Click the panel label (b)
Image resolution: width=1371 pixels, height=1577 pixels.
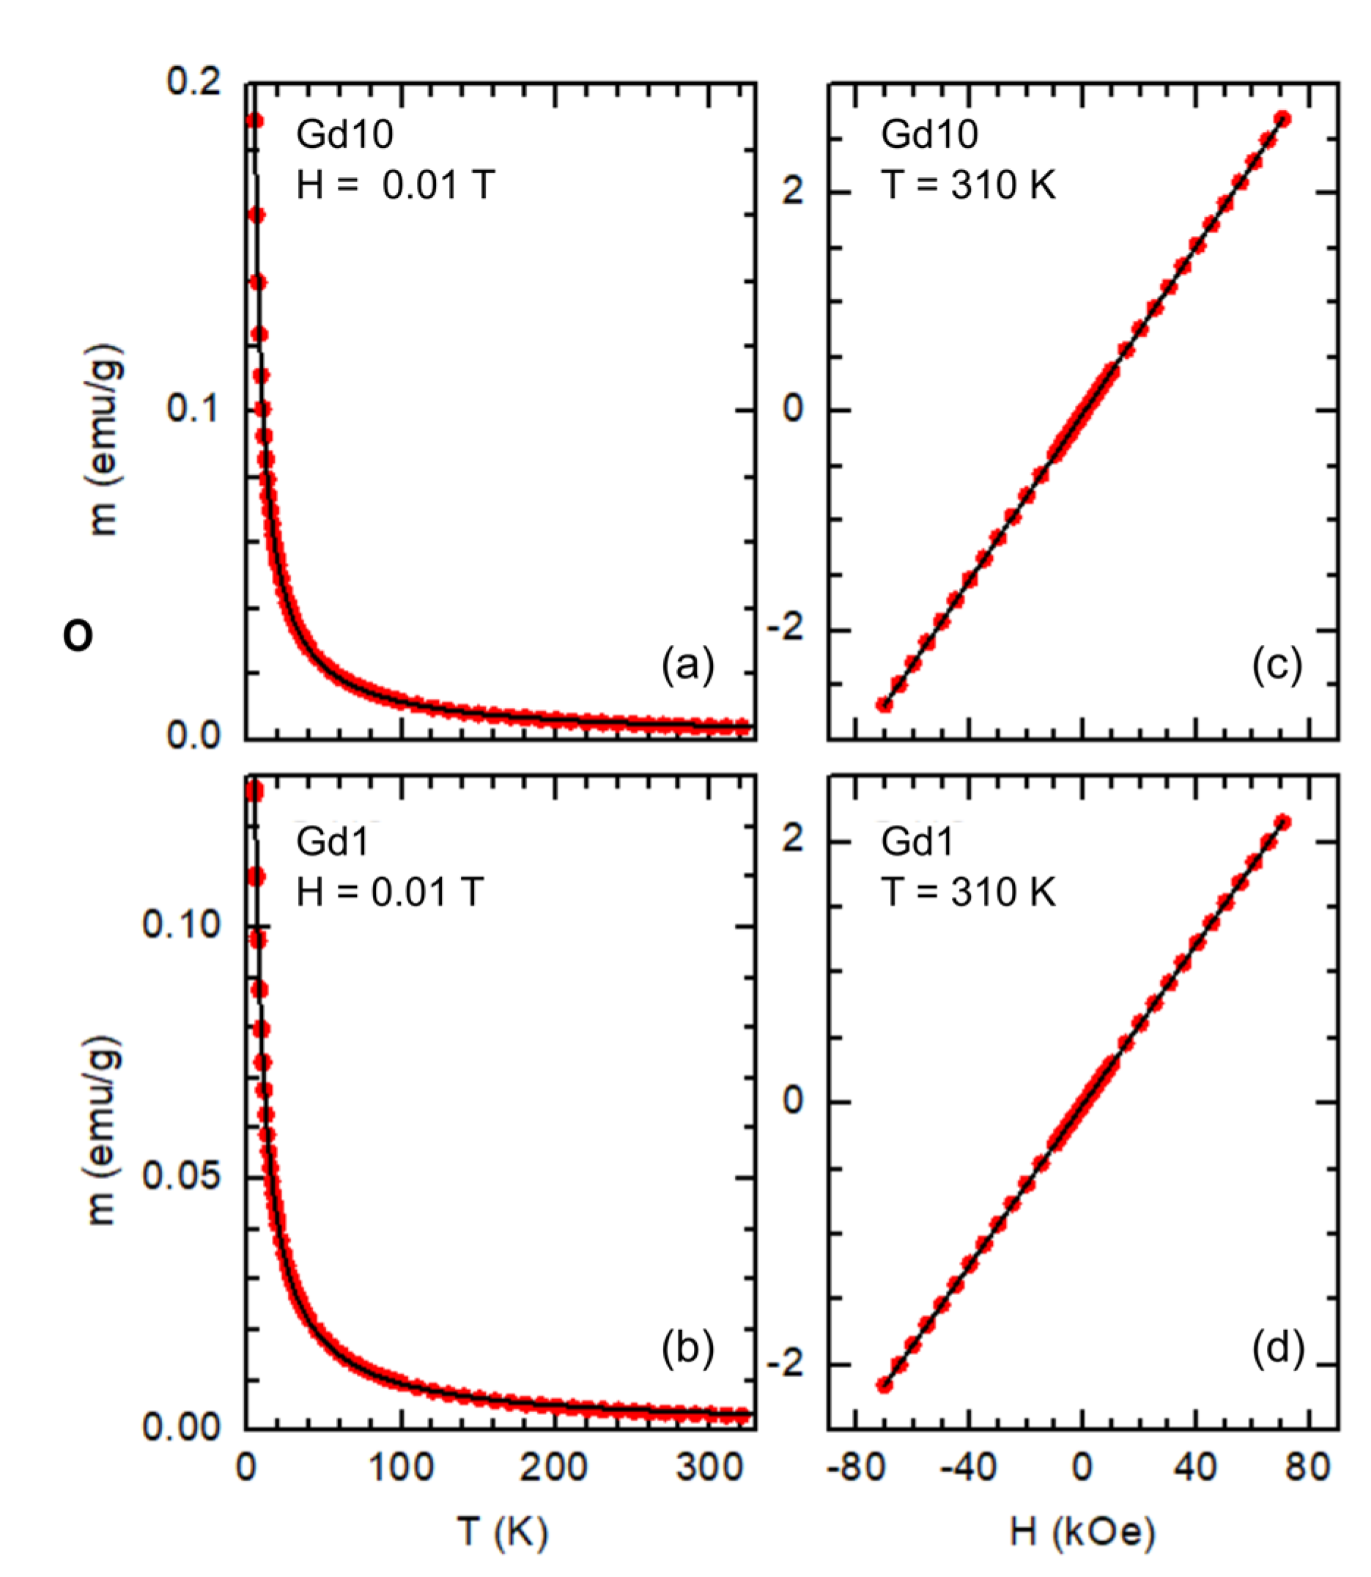687,1348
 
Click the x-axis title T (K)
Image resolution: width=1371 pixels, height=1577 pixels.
503,1532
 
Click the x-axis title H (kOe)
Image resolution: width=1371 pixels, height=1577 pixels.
1082,1532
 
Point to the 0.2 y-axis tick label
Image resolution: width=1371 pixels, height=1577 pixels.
193,81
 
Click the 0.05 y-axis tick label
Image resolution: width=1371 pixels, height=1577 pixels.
181,1177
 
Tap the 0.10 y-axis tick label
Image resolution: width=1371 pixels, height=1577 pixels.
181,925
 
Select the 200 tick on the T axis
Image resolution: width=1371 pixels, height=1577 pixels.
553,1468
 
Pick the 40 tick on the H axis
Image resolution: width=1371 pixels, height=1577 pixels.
1196,1468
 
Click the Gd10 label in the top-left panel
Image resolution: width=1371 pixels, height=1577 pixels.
344,135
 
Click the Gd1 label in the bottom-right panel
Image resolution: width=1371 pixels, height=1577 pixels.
917,842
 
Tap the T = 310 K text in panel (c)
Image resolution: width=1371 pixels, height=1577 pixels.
968,185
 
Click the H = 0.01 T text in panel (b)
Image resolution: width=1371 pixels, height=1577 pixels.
389,891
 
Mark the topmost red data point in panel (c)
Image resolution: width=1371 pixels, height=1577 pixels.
1283,119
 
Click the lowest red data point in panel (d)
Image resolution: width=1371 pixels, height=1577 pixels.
884,1385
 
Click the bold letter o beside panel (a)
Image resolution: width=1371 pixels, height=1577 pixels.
78,635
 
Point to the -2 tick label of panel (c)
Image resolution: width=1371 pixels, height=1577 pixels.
786,629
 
